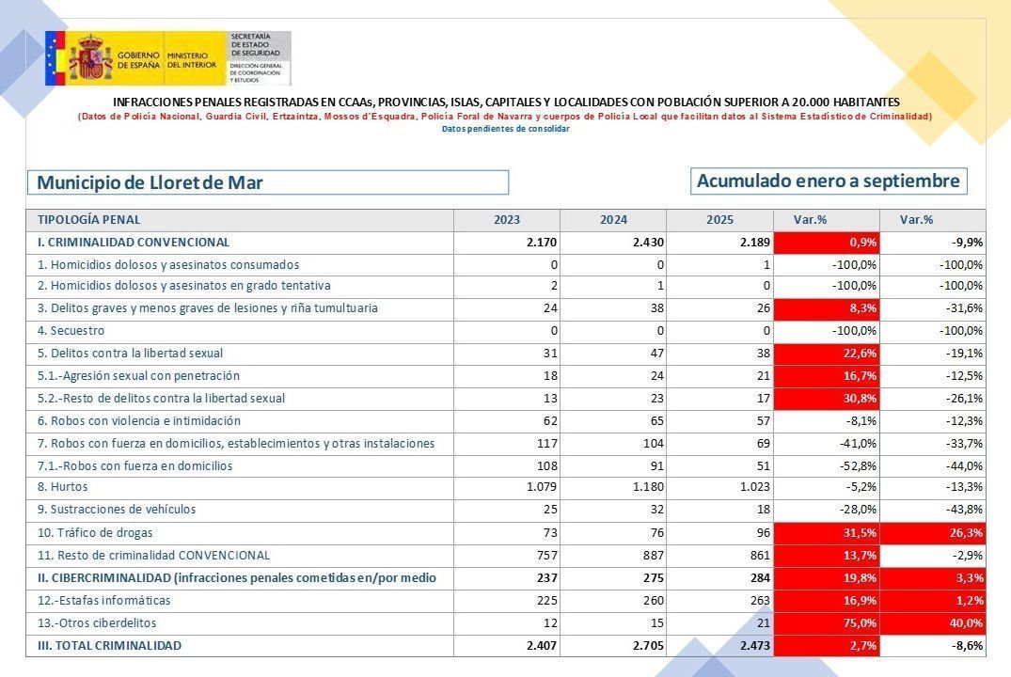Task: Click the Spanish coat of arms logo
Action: (90, 58)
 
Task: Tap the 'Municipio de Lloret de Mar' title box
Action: (268, 182)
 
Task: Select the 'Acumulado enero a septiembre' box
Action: (829, 181)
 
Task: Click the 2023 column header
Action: (507, 220)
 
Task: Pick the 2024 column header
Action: (613, 220)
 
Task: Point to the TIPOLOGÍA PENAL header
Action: (89, 220)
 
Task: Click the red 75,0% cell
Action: (827, 623)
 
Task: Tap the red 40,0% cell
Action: (933, 623)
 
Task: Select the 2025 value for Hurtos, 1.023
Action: (755, 487)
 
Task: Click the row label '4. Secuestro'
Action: (71, 331)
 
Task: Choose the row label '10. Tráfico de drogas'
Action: (95, 533)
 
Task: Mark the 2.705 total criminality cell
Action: (648, 645)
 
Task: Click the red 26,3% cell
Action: (933, 533)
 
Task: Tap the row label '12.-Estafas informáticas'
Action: (103, 600)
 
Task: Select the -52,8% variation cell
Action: (858, 465)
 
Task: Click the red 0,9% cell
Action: (827, 243)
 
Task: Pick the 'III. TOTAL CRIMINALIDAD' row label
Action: (110, 645)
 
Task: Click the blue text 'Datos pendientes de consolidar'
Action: (506, 129)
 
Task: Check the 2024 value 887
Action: (653, 555)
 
